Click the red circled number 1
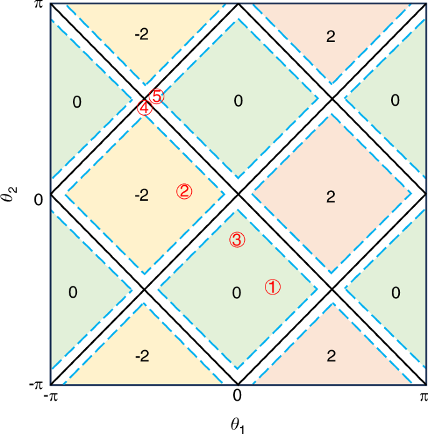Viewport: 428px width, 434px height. (273, 286)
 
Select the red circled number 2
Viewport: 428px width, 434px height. (184, 191)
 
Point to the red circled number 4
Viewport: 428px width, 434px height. (144, 108)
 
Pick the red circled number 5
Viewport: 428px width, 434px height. (157, 96)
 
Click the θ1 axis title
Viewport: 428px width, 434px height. (237, 426)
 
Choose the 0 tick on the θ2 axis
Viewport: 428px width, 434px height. (37, 199)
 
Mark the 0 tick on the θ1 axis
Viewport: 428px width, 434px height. (237, 396)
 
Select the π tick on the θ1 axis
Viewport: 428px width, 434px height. (423, 396)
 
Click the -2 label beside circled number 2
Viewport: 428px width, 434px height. (142, 196)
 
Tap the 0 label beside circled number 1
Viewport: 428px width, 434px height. (236, 293)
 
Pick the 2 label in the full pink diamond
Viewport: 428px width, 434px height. (331, 196)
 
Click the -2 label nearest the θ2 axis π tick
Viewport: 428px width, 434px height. (142, 35)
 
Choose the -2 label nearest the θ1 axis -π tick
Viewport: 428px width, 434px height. (142, 356)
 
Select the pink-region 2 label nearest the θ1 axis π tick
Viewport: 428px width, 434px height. (331, 356)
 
